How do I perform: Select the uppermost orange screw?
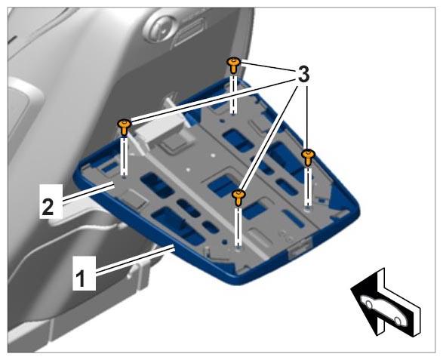pyautogui.click(x=234, y=65)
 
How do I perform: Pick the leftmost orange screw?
pyautogui.click(x=125, y=127)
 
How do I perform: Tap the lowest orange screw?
pyautogui.click(x=238, y=197)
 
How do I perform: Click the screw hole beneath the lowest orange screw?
pyautogui.click(x=238, y=248)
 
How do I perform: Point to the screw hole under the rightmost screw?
pyautogui.click(x=307, y=209)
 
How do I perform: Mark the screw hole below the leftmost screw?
pyautogui.click(x=124, y=178)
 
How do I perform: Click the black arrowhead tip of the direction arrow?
pyautogui.click(x=351, y=288)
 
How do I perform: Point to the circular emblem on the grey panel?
pyautogui.click(x=160, y=28)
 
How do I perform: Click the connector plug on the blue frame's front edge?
pyautogui.click(x=300, y=248)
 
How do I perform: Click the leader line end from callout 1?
pyautogui.click(x=173, y=248)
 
